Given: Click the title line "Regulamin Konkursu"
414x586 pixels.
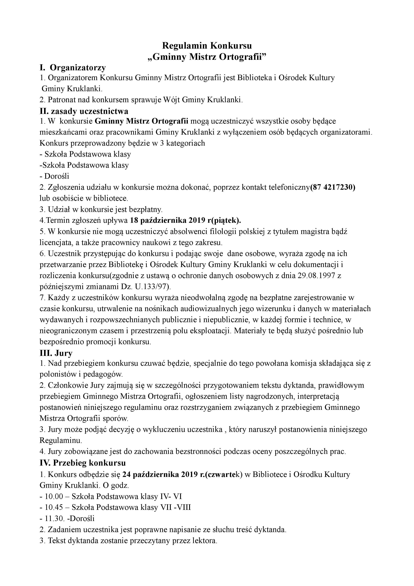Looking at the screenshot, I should pyautogui.click(x=207, y=46).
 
